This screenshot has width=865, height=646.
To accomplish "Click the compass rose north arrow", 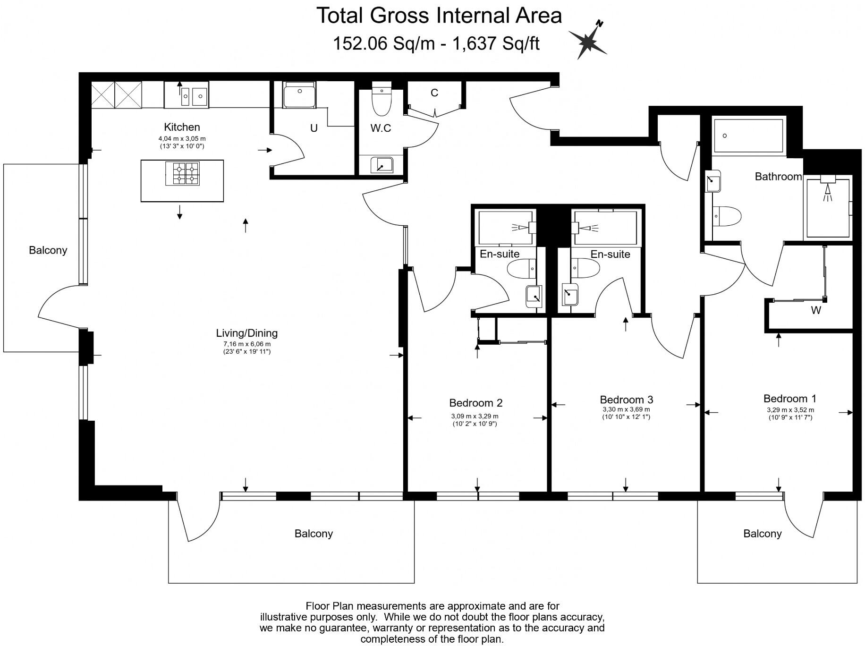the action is pyautogui.click(x=588, y=41).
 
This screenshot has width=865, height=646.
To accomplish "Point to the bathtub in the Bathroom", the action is pyautogui.click(x=749, y=136).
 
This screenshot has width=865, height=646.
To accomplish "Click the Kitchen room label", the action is pyautogui.click(x=182, y=127).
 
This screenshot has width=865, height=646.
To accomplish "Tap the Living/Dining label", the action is pyautogui.click(x=247, y=333).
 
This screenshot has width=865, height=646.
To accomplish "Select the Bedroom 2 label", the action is pyautogui.click(x=476, y=403).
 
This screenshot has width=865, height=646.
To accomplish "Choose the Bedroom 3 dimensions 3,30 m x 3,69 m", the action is pyautogui.click(x=626, y=410).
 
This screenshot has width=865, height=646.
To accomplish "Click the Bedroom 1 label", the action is pyautogui.click(x=790, y=399).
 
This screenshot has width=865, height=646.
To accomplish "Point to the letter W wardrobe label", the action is pyautogui.click(x=816, y=311).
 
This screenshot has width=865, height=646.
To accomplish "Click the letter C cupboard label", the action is pyautogui.click(x=434, y=93).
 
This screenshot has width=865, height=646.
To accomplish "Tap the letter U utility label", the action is pyautogui.click(x=314, y=128).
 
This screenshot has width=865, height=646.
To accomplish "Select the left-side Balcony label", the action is pyautogui.click(x=48, y=250).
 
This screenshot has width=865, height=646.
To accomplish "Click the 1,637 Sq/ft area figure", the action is pyautogui.click(x=496, y=44).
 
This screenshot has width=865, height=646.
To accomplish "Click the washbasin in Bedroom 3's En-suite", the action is pyautogui.click(x=570, y=296).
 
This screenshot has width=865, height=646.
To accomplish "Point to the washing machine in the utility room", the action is pyautogui.click(x=299, y=95).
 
